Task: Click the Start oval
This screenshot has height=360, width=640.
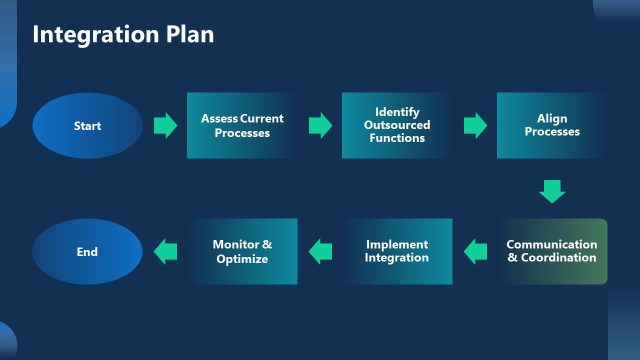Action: tap(87, 126)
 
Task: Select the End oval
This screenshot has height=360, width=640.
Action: tap(87, 252)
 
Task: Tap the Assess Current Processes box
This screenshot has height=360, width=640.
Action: tap(242, 126)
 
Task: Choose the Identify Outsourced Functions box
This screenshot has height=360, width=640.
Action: tap(397, 126)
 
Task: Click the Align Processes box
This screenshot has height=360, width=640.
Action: tap(551, 126)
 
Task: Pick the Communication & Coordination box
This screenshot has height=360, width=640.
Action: tap(552, 252)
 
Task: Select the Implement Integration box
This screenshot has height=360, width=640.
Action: tap(397, 252)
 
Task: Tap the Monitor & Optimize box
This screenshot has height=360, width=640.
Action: tap(242, 252)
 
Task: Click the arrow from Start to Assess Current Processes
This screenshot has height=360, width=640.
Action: tap(165, 126)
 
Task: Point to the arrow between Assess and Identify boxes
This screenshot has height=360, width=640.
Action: tap(320, 126)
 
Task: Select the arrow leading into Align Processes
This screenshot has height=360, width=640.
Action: tap(475, 126)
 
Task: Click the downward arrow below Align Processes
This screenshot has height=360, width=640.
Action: tap(552, 190)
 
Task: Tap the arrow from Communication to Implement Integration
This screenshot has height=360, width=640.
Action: tap(475, 252)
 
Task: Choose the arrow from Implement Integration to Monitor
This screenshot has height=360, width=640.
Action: tap(320, 252)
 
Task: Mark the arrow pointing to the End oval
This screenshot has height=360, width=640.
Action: tap(165, 252)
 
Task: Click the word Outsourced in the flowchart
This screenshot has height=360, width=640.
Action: tap(397, 125)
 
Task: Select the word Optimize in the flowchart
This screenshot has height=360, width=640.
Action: tap(242, 259)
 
